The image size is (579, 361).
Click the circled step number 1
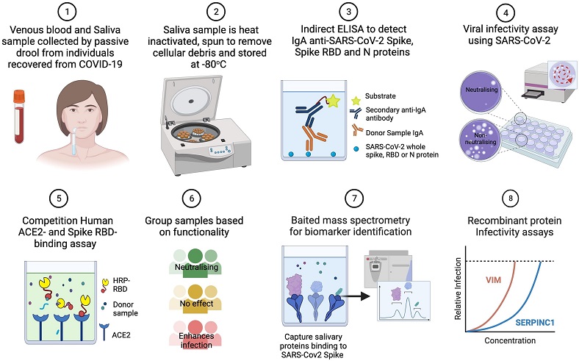(67, 12)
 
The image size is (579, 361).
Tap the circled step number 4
(506, 13)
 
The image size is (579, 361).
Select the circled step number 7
(353, 199)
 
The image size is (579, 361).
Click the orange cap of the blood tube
(19, 96)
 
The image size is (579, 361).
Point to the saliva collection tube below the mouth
(74, 141)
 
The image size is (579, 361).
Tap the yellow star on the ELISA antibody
(334, 101)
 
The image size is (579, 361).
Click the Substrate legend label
(380, 96)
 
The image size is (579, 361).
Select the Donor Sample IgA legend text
(395, 132)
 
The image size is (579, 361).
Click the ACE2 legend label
(121, 335)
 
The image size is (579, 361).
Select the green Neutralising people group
(195, 263)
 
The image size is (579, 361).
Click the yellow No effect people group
(195, 299)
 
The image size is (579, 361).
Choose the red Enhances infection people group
(195, 335)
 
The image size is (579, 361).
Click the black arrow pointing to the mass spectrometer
(357, 296)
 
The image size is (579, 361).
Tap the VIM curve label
(493, 279)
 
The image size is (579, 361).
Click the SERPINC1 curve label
(535, 323)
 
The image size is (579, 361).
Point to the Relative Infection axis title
(458, 288)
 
